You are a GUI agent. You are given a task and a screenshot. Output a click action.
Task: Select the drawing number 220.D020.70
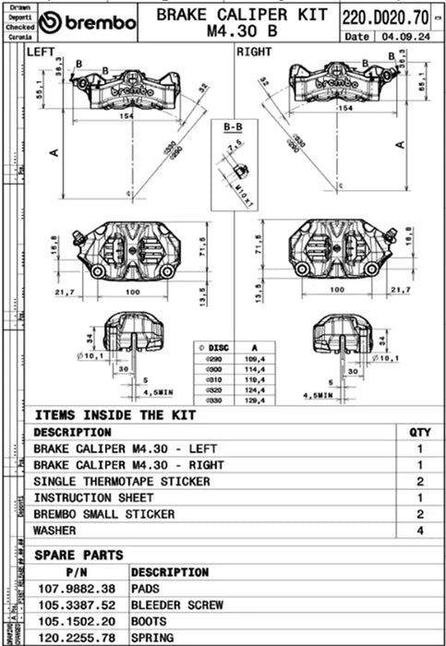tap(385, 17)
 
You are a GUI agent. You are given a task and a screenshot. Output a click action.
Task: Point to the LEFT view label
tap(42, 53)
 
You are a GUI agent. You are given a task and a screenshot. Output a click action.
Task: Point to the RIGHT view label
tap(254, 53)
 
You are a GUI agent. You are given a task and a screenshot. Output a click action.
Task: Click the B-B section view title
tap(234, 124)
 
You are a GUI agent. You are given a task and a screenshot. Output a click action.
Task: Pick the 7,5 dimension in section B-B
tap(234, 144)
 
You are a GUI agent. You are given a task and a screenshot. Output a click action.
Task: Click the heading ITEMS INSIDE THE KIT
tap(115, 415)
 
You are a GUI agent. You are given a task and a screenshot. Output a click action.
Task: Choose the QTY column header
tap(419, 432)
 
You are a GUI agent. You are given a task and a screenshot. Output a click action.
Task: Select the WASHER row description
tap(55, 532)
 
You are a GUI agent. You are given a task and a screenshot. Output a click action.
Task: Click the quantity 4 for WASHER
tap(419, 532)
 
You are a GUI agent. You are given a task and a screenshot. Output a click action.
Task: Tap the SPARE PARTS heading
tap(78, 556)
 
